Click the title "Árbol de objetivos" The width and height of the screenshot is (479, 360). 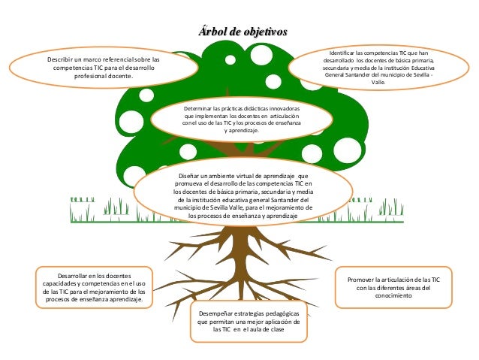click(x=242, y=32)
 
